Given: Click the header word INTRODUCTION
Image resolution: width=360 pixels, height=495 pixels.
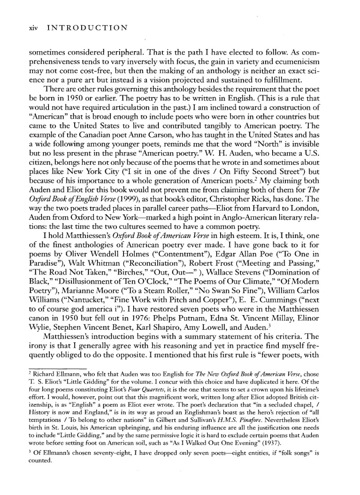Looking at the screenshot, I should (87, 28).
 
